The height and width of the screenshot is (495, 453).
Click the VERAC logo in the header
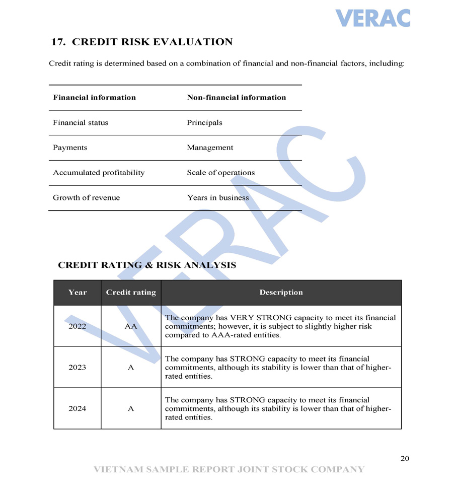[x=372, y=18]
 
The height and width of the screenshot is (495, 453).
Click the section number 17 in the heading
[x=58, y=42]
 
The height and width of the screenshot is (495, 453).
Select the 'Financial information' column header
[x=94, y=98]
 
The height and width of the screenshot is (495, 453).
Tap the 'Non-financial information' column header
[x=236, y=98]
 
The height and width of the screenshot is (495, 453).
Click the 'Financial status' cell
[x=81, y=123]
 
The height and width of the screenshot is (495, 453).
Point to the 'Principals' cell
[x=204, y=123]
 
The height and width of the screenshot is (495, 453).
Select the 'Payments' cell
[x=70, y=148]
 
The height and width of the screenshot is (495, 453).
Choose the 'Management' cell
[x=210, y=148]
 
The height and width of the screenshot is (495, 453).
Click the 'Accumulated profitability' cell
[x=99, y=173]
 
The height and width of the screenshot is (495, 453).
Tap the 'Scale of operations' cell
[x=220, y=173]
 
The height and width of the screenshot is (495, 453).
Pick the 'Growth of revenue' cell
[x=86, y=198]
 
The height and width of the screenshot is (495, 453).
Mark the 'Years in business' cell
[x=217, y=198]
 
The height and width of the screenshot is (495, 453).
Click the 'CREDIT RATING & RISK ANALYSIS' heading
[x=147, y=265]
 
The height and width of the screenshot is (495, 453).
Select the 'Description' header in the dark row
[x=281, y=293]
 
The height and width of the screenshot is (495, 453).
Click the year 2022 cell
[x=77, y=326]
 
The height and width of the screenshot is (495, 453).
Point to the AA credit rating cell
[x=131, y=326]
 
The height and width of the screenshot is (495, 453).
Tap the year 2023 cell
[x=77, y=368]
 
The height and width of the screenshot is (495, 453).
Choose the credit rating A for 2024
[x=131, y=409]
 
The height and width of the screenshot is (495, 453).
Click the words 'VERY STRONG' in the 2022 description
[x=254, y=318]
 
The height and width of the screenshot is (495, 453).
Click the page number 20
[x=405, y=459]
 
